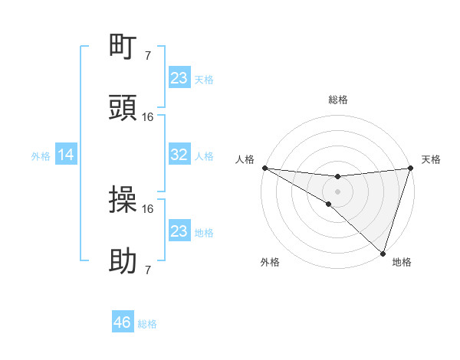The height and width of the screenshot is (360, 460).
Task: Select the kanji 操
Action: pos(123,200)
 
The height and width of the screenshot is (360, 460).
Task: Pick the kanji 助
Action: pos(123,262)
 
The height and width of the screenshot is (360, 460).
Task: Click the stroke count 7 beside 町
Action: pos(148,55)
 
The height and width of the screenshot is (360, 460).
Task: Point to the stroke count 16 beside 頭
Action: pos(148,116)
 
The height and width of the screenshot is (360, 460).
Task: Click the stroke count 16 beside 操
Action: pos(148,208)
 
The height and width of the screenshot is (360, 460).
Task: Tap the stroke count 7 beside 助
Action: pos(148,270)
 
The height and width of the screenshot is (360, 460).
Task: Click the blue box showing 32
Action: pos(179,155)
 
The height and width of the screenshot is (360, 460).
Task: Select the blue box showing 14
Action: pos(66,155)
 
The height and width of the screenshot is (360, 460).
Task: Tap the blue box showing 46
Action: pos(123,322)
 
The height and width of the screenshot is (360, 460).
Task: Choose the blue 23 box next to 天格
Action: pos(179,78)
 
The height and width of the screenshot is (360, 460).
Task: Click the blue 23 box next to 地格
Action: pos(179,231)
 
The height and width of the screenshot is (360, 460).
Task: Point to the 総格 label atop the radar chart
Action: pos(338,100)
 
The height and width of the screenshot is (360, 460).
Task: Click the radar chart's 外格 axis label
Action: pos(270,262)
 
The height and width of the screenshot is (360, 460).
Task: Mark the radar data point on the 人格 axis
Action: pos(264,168)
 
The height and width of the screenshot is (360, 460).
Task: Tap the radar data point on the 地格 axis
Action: pos(383,253)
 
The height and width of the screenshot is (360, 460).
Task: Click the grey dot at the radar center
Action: pos(338,191)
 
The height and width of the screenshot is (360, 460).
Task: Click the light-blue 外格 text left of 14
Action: pos(41,155)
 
